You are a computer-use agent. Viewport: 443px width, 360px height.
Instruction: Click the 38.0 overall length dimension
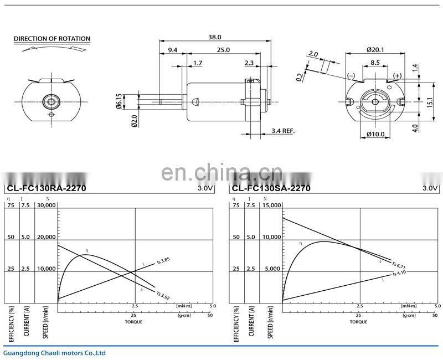[214, 37]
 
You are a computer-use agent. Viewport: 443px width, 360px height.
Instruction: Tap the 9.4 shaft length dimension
[172, 50]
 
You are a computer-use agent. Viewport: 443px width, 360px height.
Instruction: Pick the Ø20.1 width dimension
[376, 50]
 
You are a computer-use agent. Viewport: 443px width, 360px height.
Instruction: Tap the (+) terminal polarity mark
[397, 75]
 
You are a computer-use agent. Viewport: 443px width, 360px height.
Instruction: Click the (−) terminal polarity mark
[351, 75]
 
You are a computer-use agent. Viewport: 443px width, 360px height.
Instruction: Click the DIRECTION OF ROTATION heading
[51, 39]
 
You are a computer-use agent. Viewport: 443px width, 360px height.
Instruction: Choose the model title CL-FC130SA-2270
[270, 188]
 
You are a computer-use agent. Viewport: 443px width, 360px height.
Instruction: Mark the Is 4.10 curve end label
[400, 273]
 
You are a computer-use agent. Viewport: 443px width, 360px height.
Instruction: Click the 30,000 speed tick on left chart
[47, 205]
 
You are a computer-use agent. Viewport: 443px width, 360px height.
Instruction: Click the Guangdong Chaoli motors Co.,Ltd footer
[54, 352]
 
